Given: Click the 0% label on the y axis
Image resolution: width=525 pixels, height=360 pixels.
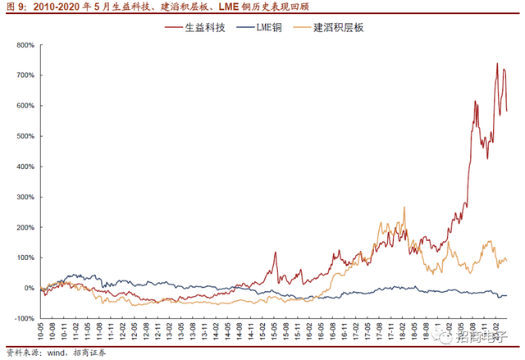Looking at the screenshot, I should click(x=28, y=288).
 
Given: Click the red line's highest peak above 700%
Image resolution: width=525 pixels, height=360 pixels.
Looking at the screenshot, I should click(x=497, y=64).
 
